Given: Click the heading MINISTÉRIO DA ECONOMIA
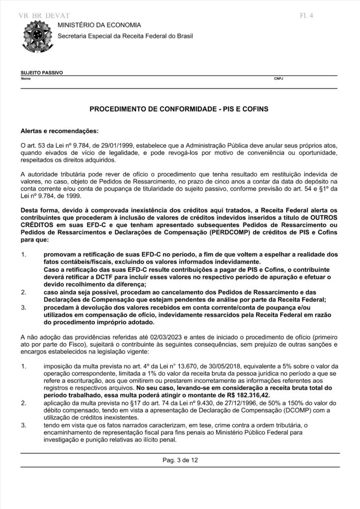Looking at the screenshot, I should (99, 25).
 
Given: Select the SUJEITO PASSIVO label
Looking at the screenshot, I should (42, 73).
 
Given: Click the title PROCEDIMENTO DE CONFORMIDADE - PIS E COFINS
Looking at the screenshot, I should (179, 108).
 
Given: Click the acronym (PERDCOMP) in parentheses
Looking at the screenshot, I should (217, 231).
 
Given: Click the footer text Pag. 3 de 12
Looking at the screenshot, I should (180, 460).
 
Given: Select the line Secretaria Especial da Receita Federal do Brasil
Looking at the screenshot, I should (125, 36).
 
